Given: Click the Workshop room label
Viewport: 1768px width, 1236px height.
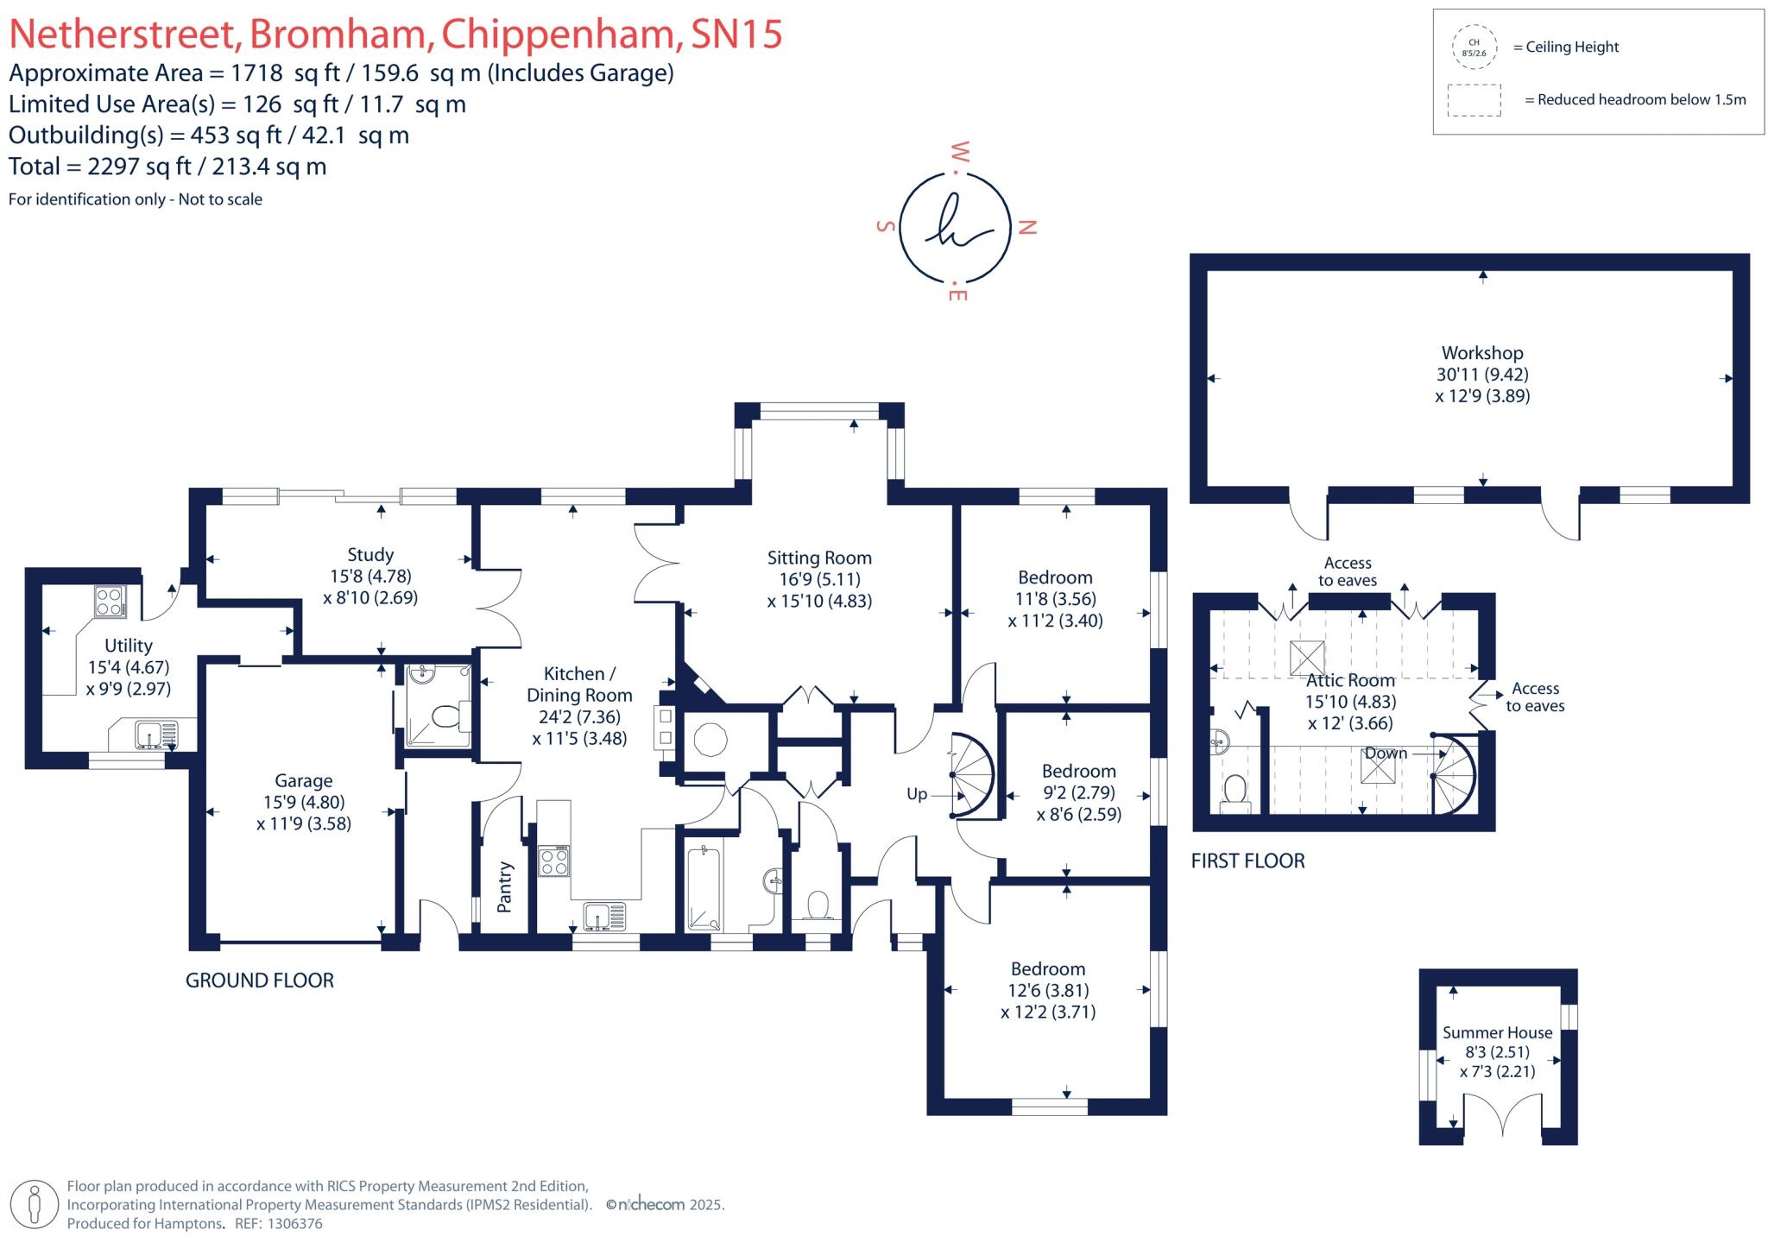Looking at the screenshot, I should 1481,353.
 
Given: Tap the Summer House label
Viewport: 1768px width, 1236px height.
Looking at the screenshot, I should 1497,1032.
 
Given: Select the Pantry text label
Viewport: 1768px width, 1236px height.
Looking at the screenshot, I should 505,886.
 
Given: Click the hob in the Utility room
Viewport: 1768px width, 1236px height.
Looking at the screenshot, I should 110,601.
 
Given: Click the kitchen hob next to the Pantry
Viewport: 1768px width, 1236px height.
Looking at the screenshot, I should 553,861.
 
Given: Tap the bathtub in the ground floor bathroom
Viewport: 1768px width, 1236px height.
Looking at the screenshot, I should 704,889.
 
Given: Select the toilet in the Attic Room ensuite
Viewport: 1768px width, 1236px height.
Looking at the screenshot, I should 1235,792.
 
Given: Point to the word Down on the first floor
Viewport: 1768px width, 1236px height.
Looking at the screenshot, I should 1386,753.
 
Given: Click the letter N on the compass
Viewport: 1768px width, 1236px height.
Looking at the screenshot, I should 1027,228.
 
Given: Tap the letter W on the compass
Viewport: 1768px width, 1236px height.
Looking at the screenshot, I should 959,153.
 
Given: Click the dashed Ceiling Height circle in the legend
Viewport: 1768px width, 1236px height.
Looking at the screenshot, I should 1474,47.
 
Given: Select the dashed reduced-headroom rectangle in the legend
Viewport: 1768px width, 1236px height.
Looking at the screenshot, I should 1474,100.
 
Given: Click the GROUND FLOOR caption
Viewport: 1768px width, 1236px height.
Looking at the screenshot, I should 260,981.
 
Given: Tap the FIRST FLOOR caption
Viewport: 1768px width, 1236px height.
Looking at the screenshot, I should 1247,861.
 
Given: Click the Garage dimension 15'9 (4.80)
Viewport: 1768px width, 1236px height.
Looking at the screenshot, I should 303,802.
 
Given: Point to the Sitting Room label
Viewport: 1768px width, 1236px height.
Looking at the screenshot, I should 819,558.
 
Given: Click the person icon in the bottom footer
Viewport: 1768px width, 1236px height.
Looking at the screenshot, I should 35,1204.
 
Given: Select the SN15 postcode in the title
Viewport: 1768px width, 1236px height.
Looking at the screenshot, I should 736,35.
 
